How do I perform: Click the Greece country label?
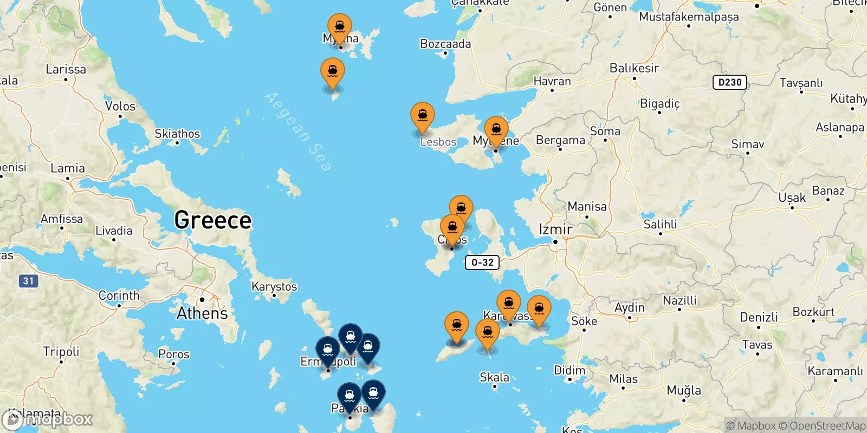213,220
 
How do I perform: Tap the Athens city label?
202,313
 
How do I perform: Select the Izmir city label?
555,229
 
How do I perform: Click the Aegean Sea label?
298,132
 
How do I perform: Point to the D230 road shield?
729,82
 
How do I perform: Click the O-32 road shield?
482,263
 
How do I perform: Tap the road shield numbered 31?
28,281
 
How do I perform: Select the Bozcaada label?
445,44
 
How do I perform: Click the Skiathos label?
177,134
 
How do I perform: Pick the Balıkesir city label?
634,68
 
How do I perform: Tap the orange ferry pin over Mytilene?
496,130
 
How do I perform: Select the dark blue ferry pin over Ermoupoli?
328,350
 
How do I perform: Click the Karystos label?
274,286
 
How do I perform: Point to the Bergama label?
560,140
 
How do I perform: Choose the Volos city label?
120,106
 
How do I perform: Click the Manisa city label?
587,206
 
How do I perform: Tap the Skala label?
494,377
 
